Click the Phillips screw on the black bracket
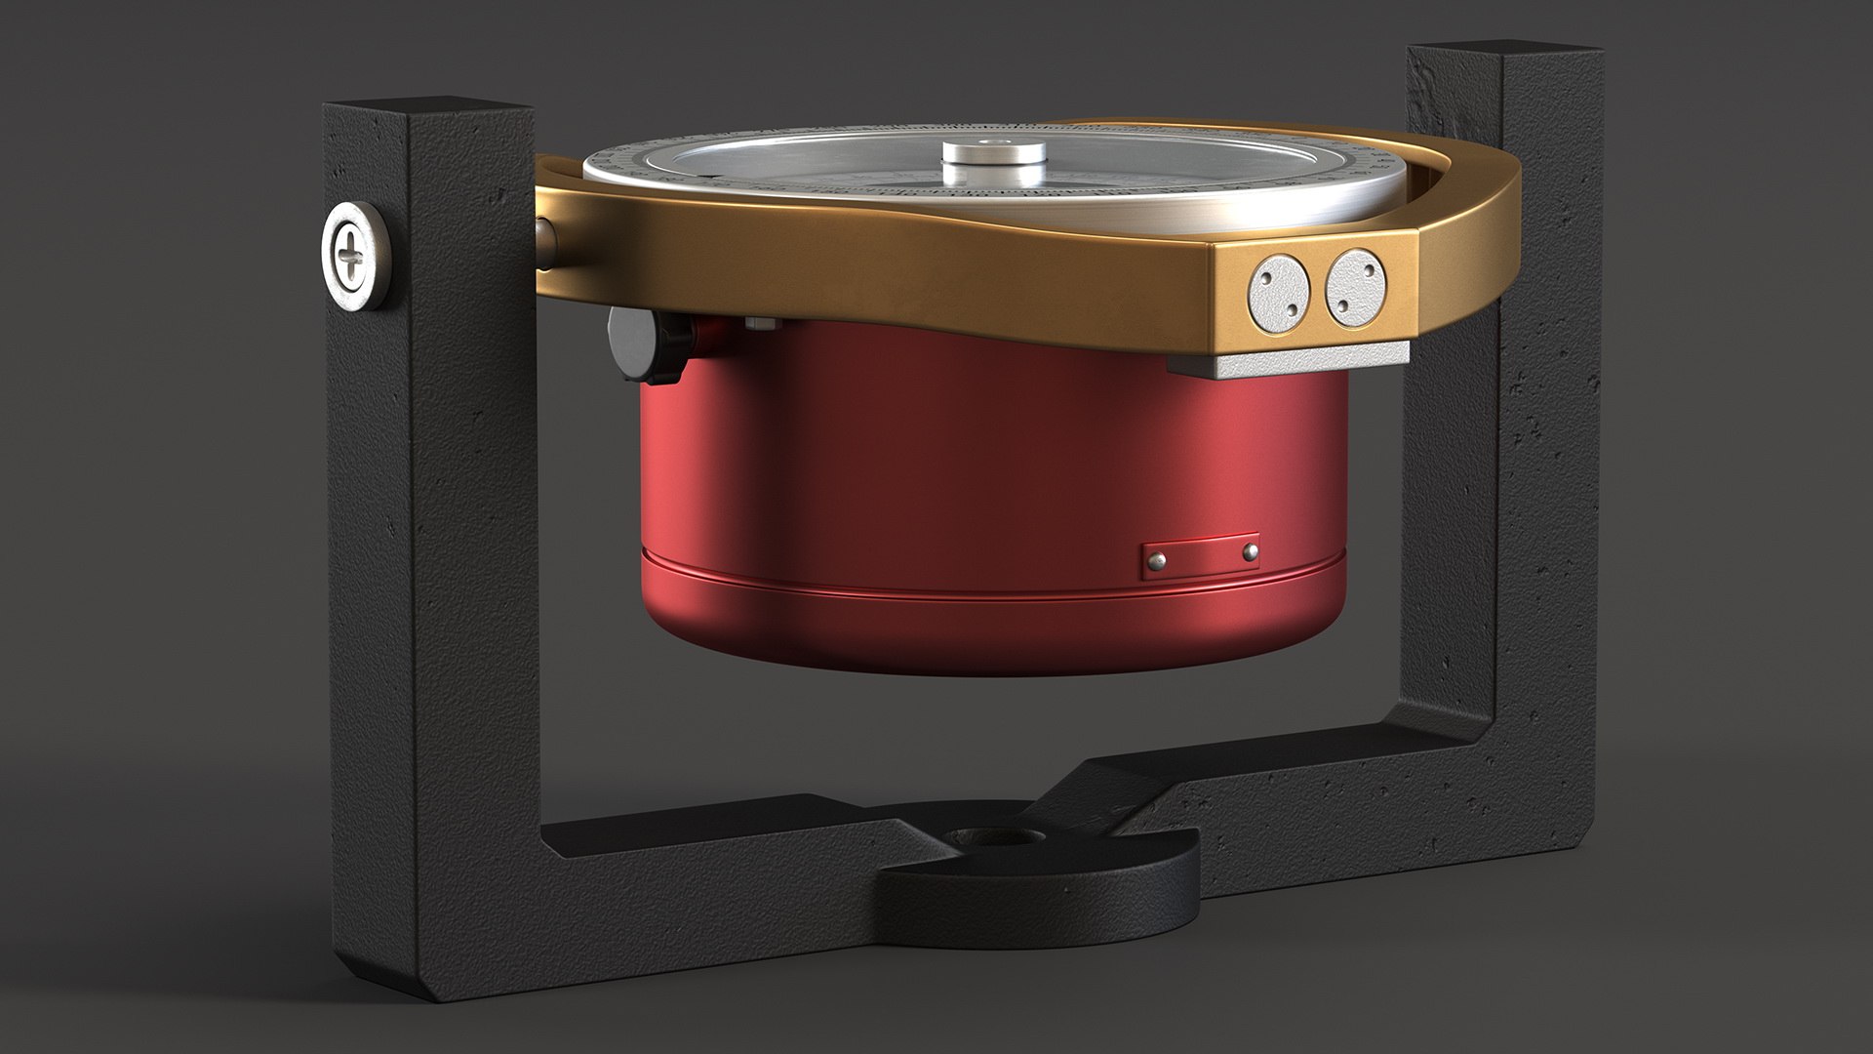click(352, 257)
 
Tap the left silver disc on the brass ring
click(1279, 289)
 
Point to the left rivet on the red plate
click(1158, 559)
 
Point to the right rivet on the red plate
click(1250, 551)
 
